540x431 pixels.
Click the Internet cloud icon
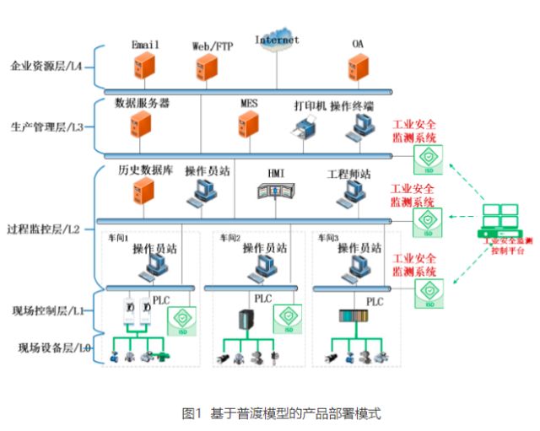point(277,45)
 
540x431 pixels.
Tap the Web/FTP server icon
point(212,65)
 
